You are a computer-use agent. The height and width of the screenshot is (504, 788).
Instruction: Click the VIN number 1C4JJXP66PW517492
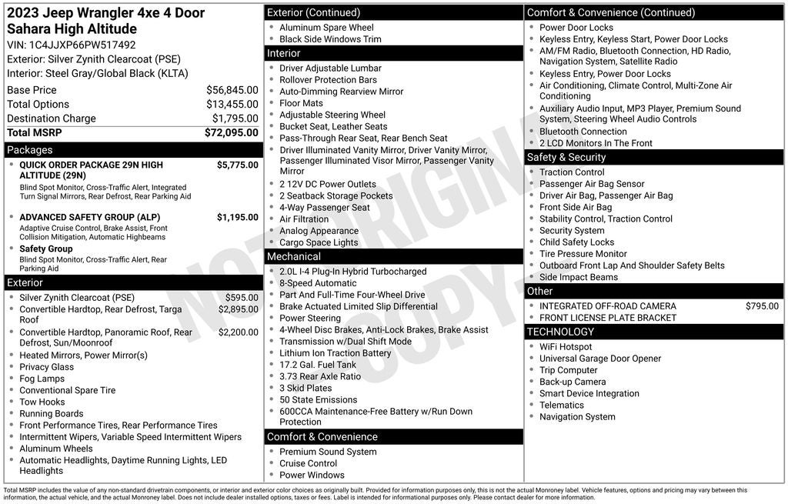(82, 45)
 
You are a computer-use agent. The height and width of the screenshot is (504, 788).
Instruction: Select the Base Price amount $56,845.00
(232, 90)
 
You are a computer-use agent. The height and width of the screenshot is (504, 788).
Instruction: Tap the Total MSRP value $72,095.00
(231, 132)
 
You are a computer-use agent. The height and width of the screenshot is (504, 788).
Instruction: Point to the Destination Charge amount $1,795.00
(235, 118)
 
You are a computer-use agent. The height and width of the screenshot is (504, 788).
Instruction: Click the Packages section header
(30, 150)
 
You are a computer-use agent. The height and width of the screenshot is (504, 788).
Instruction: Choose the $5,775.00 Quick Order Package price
(237, 165)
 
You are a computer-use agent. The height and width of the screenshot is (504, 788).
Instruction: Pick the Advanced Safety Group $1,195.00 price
(237, 217)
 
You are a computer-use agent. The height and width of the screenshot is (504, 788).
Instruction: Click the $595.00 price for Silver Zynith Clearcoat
(242, 298)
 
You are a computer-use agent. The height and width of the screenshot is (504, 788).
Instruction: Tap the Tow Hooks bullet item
(42, 402)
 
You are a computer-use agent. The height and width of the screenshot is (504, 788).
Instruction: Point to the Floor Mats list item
(301, 103)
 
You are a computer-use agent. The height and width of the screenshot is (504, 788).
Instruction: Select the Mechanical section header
(294, 256)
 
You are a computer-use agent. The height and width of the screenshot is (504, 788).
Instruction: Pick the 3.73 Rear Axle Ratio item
(319, 376)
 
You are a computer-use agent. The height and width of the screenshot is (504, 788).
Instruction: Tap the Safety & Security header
(566, 157)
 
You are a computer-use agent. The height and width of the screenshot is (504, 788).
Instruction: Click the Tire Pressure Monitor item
(583, 254)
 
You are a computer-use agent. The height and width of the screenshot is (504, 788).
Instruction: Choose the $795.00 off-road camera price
(761, 306)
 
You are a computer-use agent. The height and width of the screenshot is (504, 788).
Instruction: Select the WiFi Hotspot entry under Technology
(566, 347)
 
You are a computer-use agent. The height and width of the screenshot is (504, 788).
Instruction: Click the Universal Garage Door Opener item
(600, 359)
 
